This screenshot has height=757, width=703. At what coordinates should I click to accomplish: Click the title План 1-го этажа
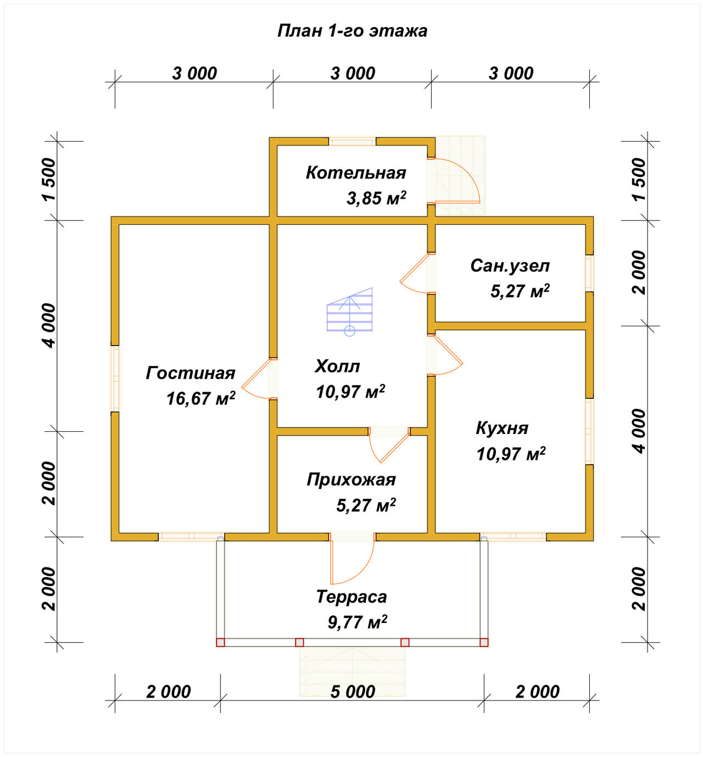352,31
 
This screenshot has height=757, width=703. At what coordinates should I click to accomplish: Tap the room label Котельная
356,172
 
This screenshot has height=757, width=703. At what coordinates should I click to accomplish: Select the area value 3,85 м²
376,198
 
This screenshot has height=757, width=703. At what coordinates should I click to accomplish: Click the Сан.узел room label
510,266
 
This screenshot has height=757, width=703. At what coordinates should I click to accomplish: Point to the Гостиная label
190,373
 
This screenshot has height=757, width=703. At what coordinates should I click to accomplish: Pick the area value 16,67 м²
201,398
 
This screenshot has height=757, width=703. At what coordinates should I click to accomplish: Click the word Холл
337,366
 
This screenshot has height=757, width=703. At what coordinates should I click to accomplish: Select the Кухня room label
502,428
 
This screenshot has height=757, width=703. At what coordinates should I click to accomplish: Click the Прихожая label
351,480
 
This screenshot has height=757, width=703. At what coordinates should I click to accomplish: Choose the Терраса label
351,597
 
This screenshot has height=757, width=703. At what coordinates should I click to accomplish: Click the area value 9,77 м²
357,622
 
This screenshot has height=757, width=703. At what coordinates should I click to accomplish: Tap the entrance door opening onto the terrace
353,559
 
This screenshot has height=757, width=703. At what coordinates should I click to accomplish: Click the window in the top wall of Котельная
352,142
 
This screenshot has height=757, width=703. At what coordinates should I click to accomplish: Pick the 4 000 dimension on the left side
50,326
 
